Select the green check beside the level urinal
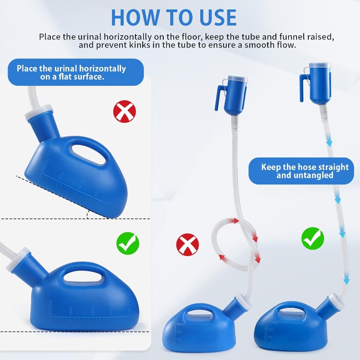point(128,243)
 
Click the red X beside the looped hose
point(187,245)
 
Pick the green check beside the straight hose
point(313,238)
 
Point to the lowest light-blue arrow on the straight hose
point(346,281)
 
